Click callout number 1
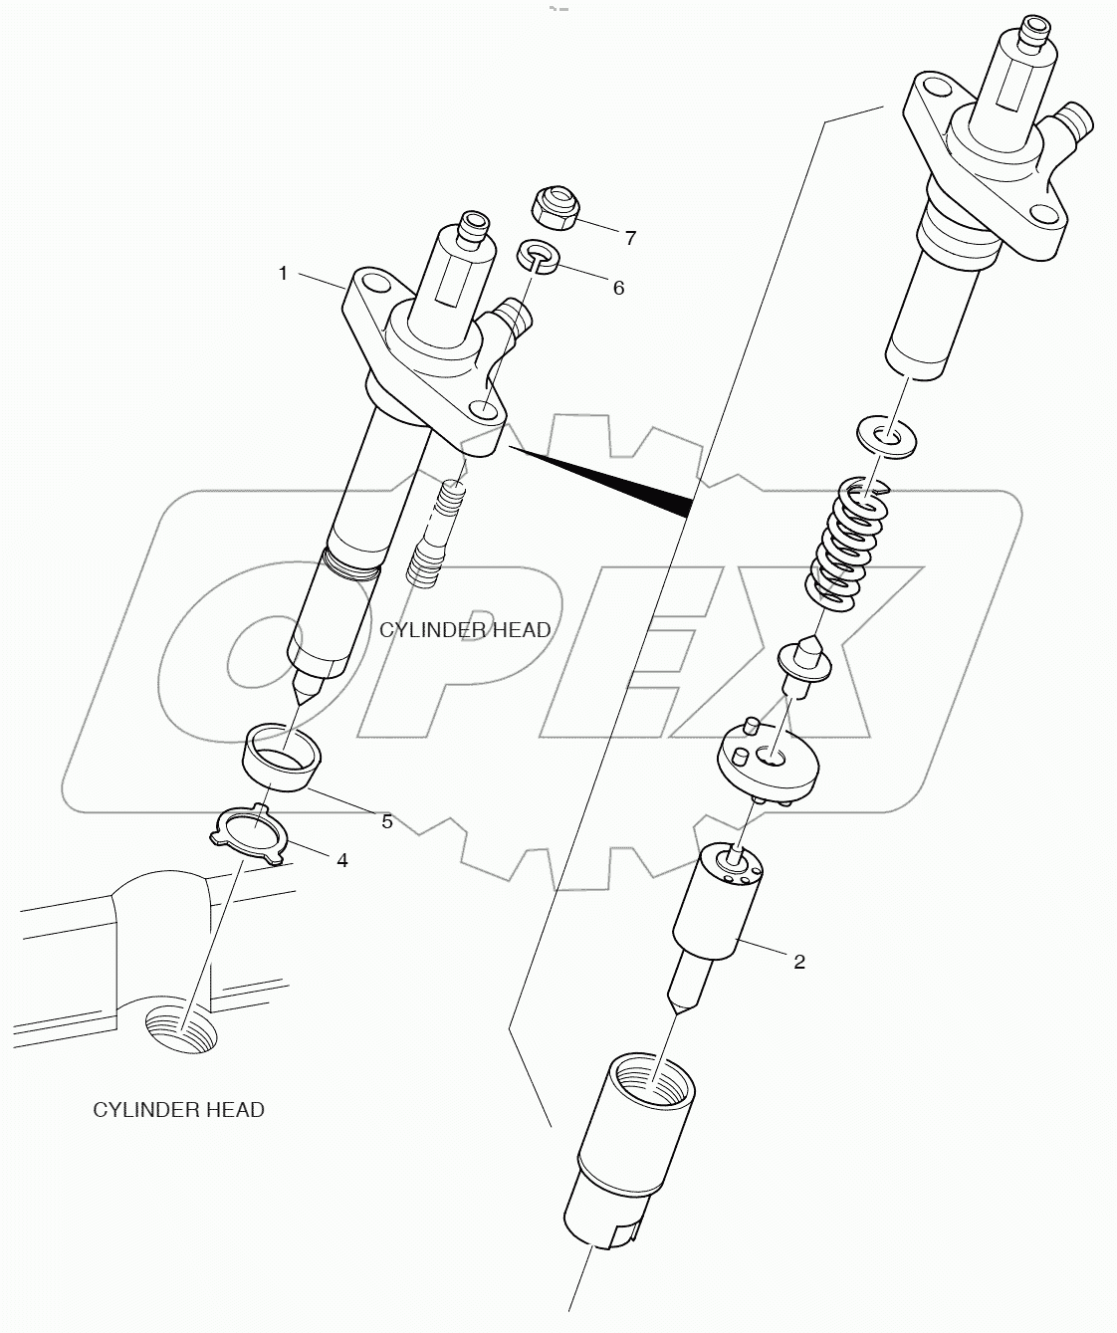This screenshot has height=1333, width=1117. pyautogui.click(x=284, y=273)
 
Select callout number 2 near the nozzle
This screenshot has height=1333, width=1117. pyautogui.click(x=798, y=962)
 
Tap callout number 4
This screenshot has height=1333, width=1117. pyautogui.click(x=341, y=859)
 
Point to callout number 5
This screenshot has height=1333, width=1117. pyautogui.click(x=386, y=821)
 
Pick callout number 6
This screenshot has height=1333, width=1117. pyautogui.click(x=618, y=288)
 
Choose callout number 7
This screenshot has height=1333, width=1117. pyautogui.click(x=629, y=238)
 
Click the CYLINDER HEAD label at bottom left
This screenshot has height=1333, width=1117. pyautogui.click(x=178, y=1109)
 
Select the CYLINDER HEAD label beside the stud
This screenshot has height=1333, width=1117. pyautogui.click(x=464, y=629)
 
